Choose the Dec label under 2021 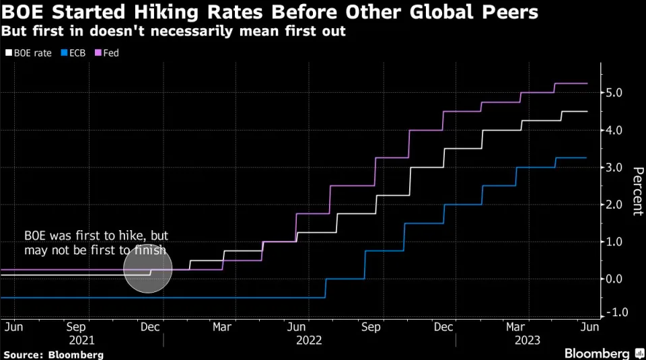[x=149, y=326]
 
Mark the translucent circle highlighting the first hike [x=148, y=268]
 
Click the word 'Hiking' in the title [x=153, y=12]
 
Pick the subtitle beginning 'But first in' [x=173, y=32]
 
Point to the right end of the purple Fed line [x=587, y=83]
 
